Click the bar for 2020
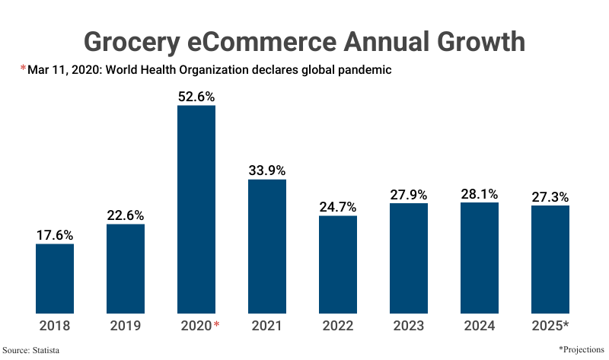click(196, 209)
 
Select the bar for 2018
click(55, 278)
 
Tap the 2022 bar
click(338, 264)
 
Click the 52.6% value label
click(196, 97)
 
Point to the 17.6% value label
click(55, 235)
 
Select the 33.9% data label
click(267, 170)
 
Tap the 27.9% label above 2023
click(409, 194)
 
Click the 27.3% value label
click(550, 196)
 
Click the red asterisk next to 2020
click(216, 325)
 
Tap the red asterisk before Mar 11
click(23, 69)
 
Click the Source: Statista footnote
click(31, 350)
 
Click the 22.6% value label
click(126, 215)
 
